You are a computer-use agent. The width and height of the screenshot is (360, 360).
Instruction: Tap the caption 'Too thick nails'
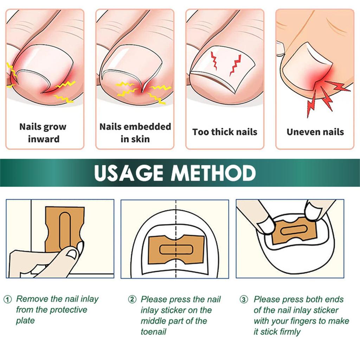pyautogui.click(x=225, y=132)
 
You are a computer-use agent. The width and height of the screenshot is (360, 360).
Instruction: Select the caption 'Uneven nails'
pyautogui.click(x=315, y=132)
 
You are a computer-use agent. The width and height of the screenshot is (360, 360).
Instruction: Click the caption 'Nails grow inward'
pyautogui.click(x=43, y=133)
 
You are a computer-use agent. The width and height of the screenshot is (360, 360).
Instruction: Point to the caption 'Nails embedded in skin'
pyautogui.click(x=135, y=133)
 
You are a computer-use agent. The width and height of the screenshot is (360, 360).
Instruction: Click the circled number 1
pyautogui.click(x=7, y=300)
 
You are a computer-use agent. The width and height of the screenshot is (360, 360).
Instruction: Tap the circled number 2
pyautogui.click(x=132, y=300)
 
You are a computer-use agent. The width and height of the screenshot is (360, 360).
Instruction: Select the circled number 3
pyautogui.click(x=244, y=300)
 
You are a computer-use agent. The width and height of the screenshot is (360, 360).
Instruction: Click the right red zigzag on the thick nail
pyautogui.click(x=235, y=64)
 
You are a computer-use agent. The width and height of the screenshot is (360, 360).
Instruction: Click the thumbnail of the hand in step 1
pyautogui.click(x=73, y=254)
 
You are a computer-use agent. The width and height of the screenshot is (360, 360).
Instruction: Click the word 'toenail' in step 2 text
pyautogui.click(x=153, y=332)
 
